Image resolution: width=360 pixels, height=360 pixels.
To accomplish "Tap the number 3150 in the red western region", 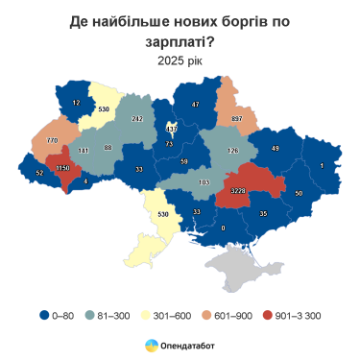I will click(62, 168).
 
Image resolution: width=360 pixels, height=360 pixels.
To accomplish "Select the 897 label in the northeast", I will click(236, 118).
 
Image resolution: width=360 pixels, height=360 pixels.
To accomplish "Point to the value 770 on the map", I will click(53, 140).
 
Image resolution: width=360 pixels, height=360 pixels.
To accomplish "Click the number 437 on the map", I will click(172, 128).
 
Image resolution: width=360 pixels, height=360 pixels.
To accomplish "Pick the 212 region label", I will click(137, 118).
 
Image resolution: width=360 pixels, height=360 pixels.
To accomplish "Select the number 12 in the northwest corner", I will click(76, 101).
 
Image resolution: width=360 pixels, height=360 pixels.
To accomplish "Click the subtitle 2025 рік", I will click(180, 60).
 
